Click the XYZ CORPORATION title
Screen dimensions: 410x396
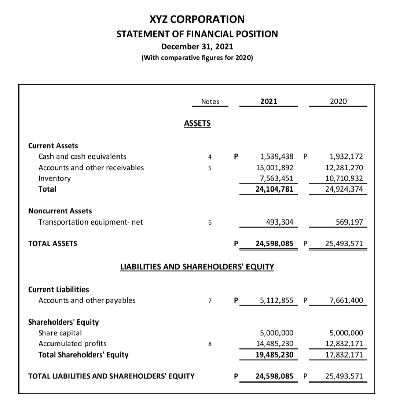click(197, 19)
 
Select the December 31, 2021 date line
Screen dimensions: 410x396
click(197, 47)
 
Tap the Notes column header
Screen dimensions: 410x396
click(210, 101)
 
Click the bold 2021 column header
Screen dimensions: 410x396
click(268, 101)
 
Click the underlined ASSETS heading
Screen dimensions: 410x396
click(197, 123)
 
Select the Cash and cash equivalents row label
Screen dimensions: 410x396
click(82, 157)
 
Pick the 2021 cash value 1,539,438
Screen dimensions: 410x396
click(276, 157)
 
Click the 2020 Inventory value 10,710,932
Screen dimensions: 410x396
click(346, 178)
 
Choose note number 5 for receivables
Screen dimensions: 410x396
click(209, 168)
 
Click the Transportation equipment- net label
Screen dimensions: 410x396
click(91, 222)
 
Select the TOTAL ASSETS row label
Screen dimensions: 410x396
click(52, 243)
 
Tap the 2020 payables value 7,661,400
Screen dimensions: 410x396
click(346, 300)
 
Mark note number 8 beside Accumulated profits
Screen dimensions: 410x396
click(209, 344)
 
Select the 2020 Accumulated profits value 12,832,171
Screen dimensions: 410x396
click(346, 344)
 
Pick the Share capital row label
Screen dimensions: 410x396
click(60, 333)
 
